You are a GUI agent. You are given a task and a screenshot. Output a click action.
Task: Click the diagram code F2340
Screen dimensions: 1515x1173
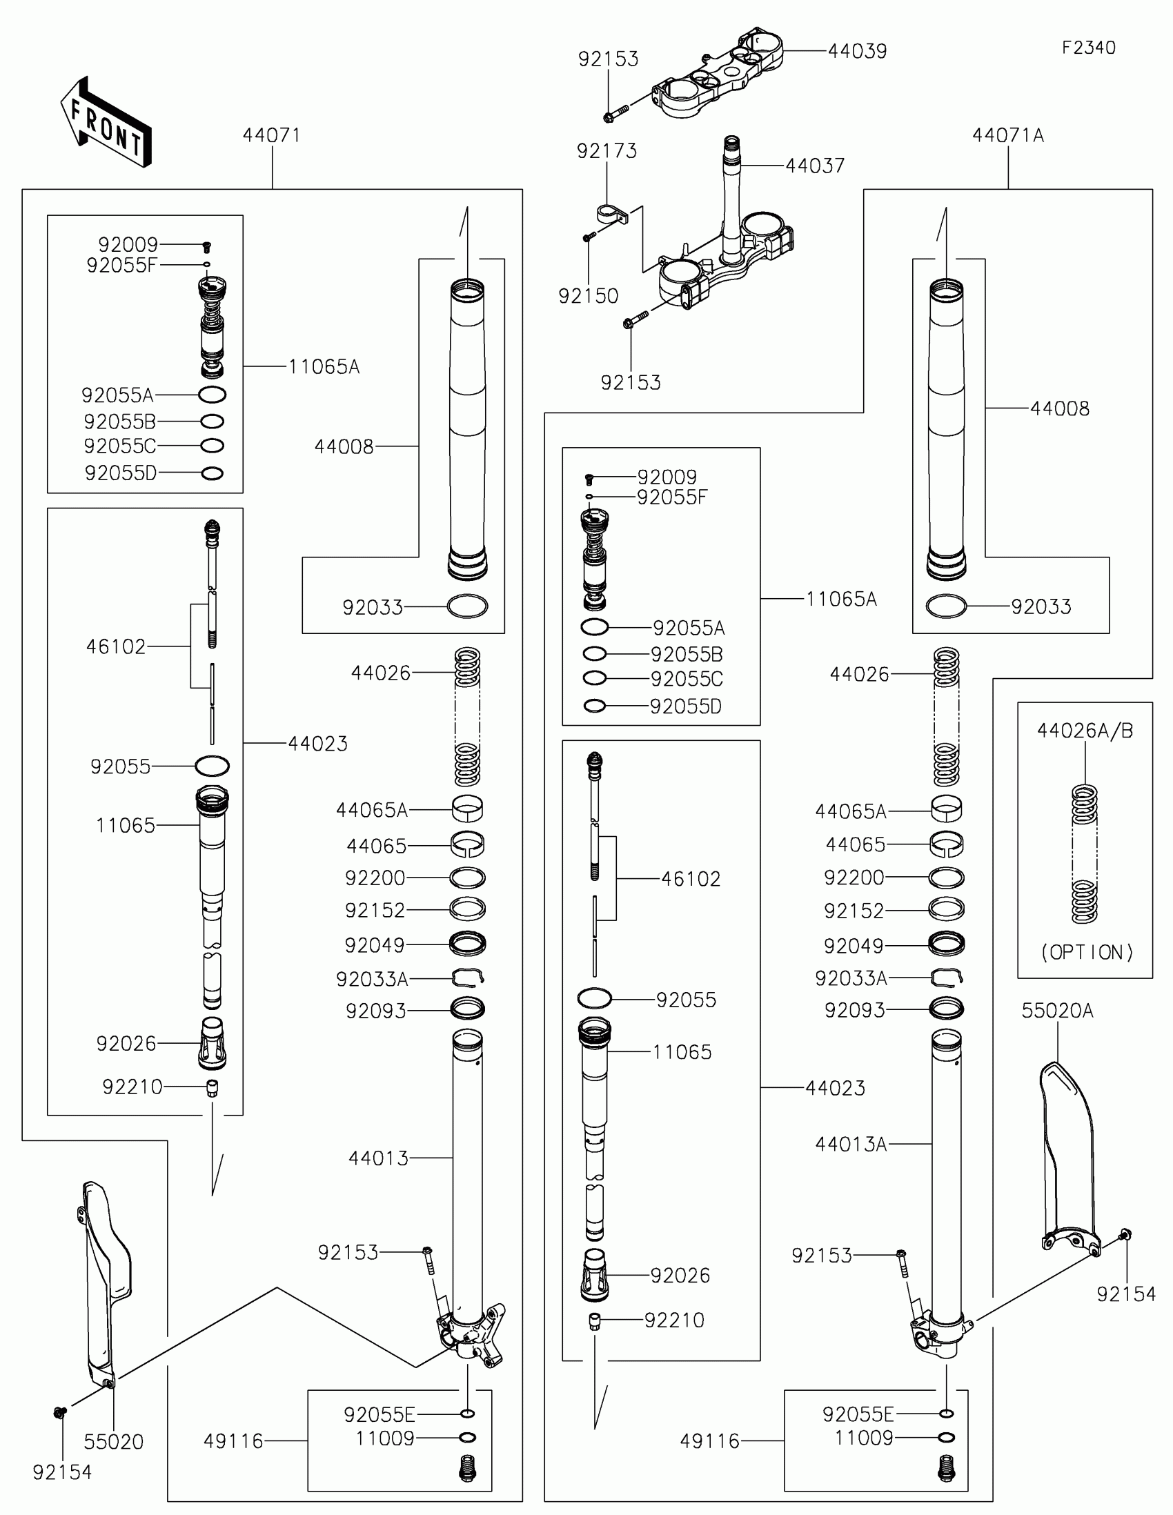tap(1088, 48)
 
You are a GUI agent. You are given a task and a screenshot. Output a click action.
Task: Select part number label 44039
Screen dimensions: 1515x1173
tap(858, 51)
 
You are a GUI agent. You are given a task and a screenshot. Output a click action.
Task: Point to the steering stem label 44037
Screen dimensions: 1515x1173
tap(815, 166)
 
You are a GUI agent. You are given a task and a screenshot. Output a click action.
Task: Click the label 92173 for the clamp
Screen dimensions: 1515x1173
tap(607, 150)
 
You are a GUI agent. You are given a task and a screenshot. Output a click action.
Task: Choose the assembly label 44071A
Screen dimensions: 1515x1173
tap(1007, 135)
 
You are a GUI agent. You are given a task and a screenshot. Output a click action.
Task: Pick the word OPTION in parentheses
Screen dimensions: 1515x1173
tap(1087, 953)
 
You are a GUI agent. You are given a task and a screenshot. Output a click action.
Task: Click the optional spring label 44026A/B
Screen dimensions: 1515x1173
tap(1085, 731)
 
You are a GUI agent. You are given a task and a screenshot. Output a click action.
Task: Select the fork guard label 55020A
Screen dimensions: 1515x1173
tap(1057, 1011)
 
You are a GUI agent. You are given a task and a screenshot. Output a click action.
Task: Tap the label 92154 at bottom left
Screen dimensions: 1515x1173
tap(62, 1472)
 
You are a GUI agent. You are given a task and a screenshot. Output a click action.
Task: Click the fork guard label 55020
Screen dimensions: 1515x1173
tap(114, 1441)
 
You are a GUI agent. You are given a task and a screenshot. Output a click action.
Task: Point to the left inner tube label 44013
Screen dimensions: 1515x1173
tap(379, 1158)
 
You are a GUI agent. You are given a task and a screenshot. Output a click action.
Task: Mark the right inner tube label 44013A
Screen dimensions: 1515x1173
tap(851, 1144)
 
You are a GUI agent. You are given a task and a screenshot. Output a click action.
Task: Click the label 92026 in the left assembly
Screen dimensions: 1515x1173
tap(126, 1043)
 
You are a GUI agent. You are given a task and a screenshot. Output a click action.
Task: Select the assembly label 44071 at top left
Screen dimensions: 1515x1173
tap(271, 135)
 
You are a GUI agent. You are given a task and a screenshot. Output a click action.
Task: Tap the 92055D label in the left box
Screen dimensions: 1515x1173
tap(121, 473)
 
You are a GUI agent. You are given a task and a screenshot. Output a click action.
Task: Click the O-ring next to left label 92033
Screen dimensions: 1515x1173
tap(468, 606)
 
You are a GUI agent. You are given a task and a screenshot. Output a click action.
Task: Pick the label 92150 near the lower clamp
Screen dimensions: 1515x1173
tap(589, 296)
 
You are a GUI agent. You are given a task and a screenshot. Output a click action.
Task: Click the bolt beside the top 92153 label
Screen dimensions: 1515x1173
tap(615, 113)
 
